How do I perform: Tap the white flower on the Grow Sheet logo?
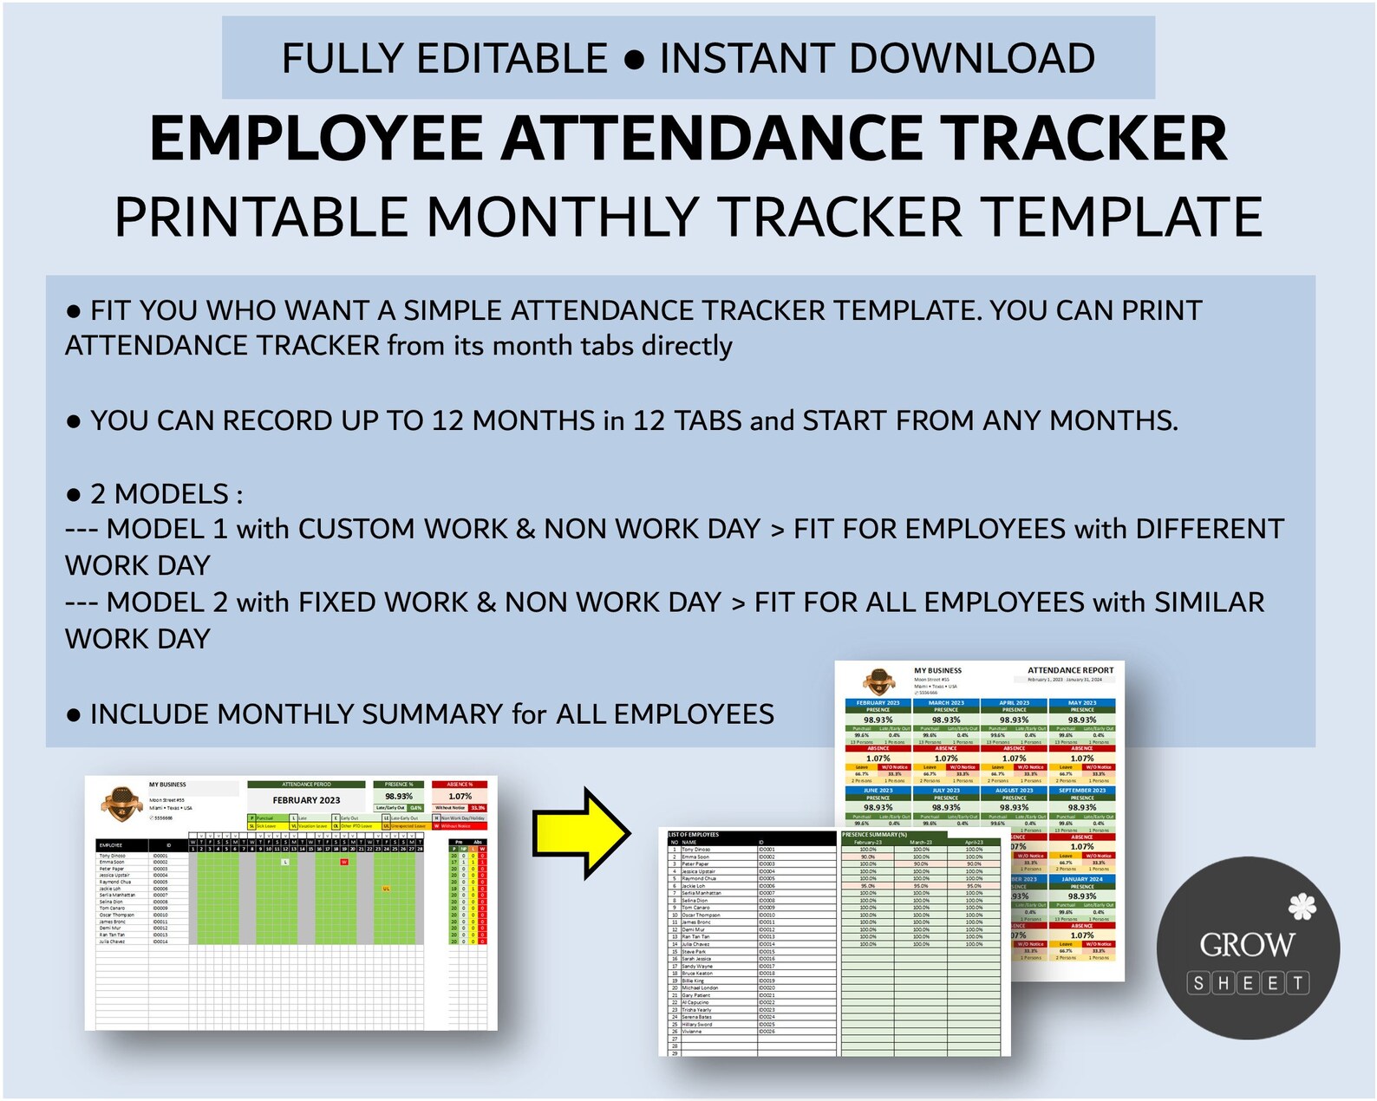1302,907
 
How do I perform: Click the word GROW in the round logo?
1247,944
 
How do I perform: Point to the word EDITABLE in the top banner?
512,59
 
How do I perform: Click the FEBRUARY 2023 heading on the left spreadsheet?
306,800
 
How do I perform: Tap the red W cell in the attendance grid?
344,863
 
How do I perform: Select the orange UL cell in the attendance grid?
386,889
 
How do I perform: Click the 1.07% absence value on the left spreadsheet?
460,796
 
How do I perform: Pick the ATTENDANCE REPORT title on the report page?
1070,670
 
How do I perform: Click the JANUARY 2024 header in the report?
1082,879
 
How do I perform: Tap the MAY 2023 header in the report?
1082,703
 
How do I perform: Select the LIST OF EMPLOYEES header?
694,835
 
